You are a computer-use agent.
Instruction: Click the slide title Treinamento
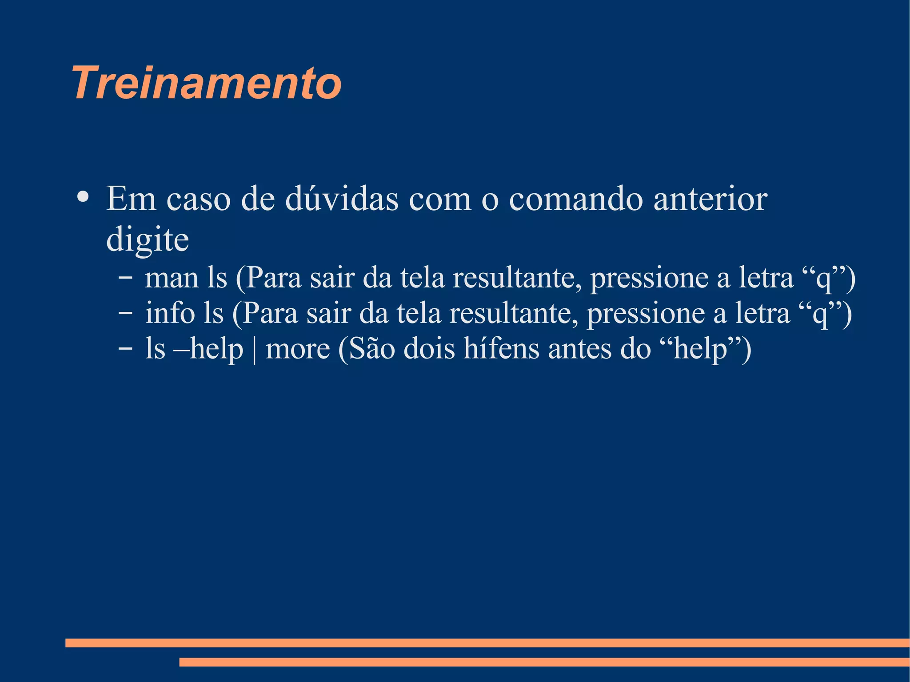pyautogui.click(x=207, y=83)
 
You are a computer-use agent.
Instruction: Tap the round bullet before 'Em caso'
pyautogui.click(x=83, y=197)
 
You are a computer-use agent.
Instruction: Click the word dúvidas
pyautogui.click(x=342, y=199)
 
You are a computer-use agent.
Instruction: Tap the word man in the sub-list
pyautogui.click(x=172, y=278)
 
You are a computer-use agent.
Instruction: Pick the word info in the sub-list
pyautogui.click(x=170, y=313)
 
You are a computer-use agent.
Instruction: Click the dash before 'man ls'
pyautogui.click(x=125, y=279)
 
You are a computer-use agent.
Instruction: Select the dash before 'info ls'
pyautogui.click(x=125, y=314)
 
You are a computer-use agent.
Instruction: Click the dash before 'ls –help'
pyautogui.click(x=125, y=349)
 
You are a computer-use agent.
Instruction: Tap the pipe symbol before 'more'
pyautogui.click(x=254, y=350)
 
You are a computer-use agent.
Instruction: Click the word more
pyautogui.click(x=298, y=349)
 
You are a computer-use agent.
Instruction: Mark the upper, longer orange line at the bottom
pyautogui.click(x=487, y=643)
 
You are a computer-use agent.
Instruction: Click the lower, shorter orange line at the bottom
pyautogui.click(x=544, y=662)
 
